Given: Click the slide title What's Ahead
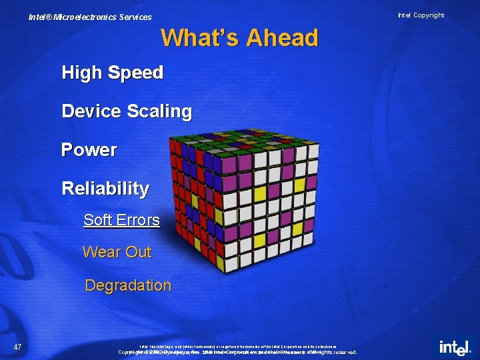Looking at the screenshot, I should tap(239, 38).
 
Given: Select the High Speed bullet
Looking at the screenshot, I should tap(112, 73).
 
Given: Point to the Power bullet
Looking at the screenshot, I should tap(89, 150).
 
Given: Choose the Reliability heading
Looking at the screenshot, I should tap(105, 189).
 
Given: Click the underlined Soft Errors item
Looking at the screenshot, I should tap(121, 220).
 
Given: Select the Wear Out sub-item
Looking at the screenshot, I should tap(117, 252).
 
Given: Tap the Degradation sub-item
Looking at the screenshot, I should tap(128, 285).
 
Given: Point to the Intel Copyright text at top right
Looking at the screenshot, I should tap(421, 15).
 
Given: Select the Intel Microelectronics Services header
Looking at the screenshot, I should tap(90, 17).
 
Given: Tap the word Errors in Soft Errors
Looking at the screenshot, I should tap(138, 220).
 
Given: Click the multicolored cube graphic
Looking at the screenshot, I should tap(243, 200).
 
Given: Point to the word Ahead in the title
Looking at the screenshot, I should tap(282, 38).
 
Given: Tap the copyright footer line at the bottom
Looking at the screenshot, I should tap(239, 351).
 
